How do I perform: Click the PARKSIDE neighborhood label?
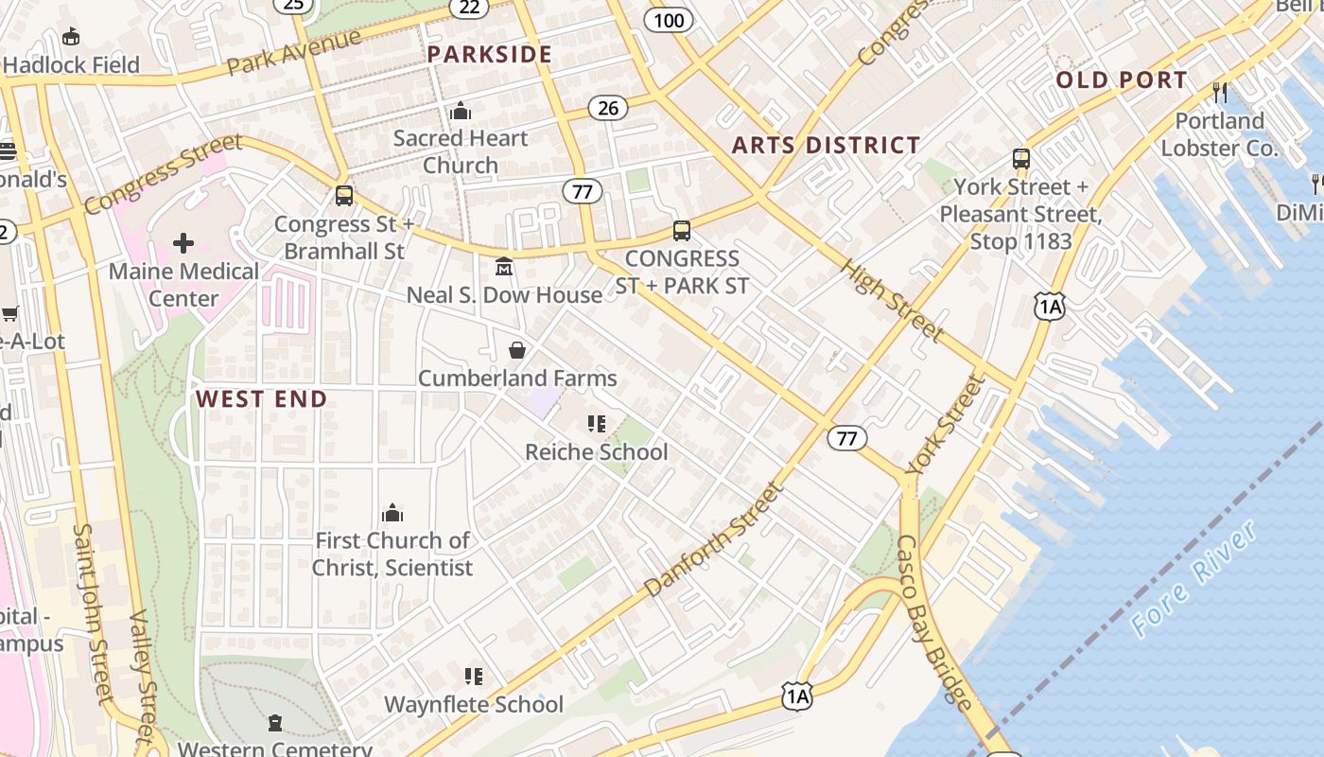click(x=489, y=54)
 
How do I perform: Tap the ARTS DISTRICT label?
click(x=826, y=145)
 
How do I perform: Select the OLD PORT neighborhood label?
click(x=1121, y=79)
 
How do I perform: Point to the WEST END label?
click(x=261, y=398)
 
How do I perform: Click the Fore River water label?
click(x=1194, y=578)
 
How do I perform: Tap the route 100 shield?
click(x=669, y=20)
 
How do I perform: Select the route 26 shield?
click(x=607, y=108)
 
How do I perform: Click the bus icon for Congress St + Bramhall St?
click(x=344, y=196)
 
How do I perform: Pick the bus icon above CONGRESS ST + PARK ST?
click(x=681, y=230)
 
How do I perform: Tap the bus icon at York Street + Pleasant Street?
click(x=1021, y=158)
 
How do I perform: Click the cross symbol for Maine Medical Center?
click(x=183, y=243)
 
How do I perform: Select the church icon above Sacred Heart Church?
click(x=461, y=111)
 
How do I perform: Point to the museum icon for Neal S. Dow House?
click(x=504, y=268)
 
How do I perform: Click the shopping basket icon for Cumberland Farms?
click(x=517, y=351)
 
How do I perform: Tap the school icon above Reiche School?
click(x=596, y=424)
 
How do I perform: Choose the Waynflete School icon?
click(x=474, y=677)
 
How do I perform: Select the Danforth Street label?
click(x=715, y=539)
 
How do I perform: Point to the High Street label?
click(x=891, y=299)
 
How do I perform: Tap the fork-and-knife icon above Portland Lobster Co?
click(x=1220, y=92)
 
